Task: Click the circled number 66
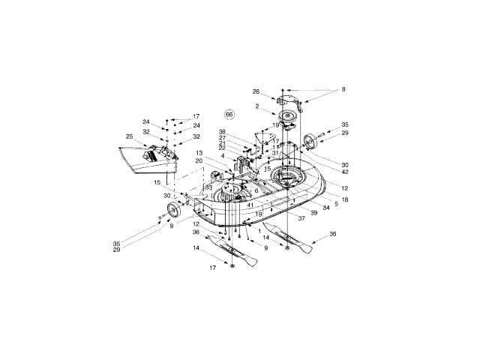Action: (x=229, y=115)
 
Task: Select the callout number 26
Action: (x=256, y=92)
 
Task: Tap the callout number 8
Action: (x=344, y=89)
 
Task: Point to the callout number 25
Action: (x=129, y=136)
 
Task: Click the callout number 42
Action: (x=344, y=171)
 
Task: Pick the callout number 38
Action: (x=222, y=132)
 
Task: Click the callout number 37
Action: (x=301, y=218)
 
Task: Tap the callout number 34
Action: (x=326, y=206)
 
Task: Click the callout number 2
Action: (x=257, y=107)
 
